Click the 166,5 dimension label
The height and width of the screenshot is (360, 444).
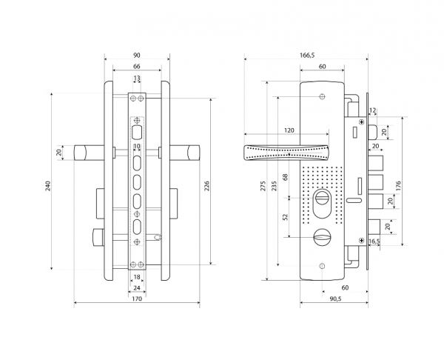coord(307,56)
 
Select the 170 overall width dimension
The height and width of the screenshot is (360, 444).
coord(137,299)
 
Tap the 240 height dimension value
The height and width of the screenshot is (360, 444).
coord(48,186)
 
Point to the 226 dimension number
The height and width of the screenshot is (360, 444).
coord(206,186)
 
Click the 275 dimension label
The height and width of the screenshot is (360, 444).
coord(263,186)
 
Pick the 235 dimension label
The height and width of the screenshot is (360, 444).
coord(274,186)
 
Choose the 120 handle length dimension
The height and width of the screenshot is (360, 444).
coord(289,130)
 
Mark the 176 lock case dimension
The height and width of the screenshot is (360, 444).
coord(398,186)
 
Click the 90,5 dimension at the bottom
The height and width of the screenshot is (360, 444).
coord(335,299)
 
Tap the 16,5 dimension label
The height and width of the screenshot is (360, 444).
coord(374,241)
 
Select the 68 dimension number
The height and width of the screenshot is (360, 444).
coord(285,177)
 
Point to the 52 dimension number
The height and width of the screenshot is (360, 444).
coord(285,217)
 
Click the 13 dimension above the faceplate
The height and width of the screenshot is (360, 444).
coord(137,78)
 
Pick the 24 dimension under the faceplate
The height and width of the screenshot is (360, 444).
coord(137,287)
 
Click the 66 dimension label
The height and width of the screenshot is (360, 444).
coord(137,67)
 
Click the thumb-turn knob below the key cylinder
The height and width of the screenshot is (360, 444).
coord(322,237)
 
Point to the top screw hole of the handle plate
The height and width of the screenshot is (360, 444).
coord(322,96)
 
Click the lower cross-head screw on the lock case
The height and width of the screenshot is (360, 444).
coord(362,241)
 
